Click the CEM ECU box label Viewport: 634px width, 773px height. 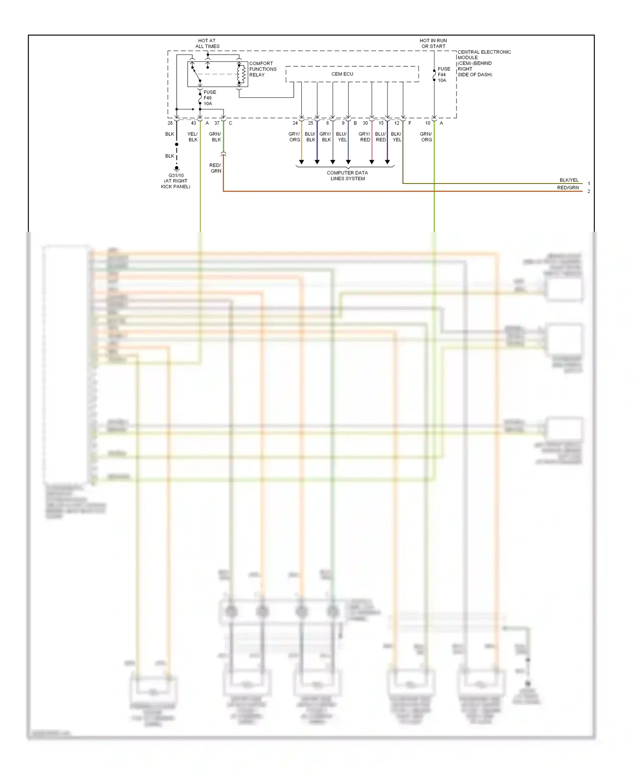pos(342,74)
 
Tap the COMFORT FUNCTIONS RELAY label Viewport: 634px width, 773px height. pos(262,69)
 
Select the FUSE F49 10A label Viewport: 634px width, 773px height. pos(209,98)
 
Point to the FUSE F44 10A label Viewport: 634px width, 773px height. pos(443,74)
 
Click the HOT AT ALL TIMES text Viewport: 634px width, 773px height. pos(207,44)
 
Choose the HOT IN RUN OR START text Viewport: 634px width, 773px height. pos(433,44)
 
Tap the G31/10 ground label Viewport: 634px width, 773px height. pos(176,181)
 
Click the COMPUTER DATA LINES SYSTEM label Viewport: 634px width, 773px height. pos(347,175)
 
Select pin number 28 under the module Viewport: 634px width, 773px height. pos(170,123)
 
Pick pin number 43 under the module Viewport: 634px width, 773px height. pos(193,123)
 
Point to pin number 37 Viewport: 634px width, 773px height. pos(217,123)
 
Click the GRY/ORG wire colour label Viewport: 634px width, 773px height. pos(294,137)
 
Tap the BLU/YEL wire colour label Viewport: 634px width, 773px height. pos(342,137)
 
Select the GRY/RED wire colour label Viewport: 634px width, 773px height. pos(365,137)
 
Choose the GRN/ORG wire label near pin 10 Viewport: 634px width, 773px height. pos(426,137)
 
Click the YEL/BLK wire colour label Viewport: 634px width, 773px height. pos(193,137)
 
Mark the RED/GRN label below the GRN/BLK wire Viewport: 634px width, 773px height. pos(216,168)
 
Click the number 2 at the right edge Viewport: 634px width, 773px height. pos(589,191)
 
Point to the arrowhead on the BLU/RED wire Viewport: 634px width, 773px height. pos(387,162)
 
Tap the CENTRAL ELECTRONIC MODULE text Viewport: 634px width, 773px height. pos(484,63)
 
